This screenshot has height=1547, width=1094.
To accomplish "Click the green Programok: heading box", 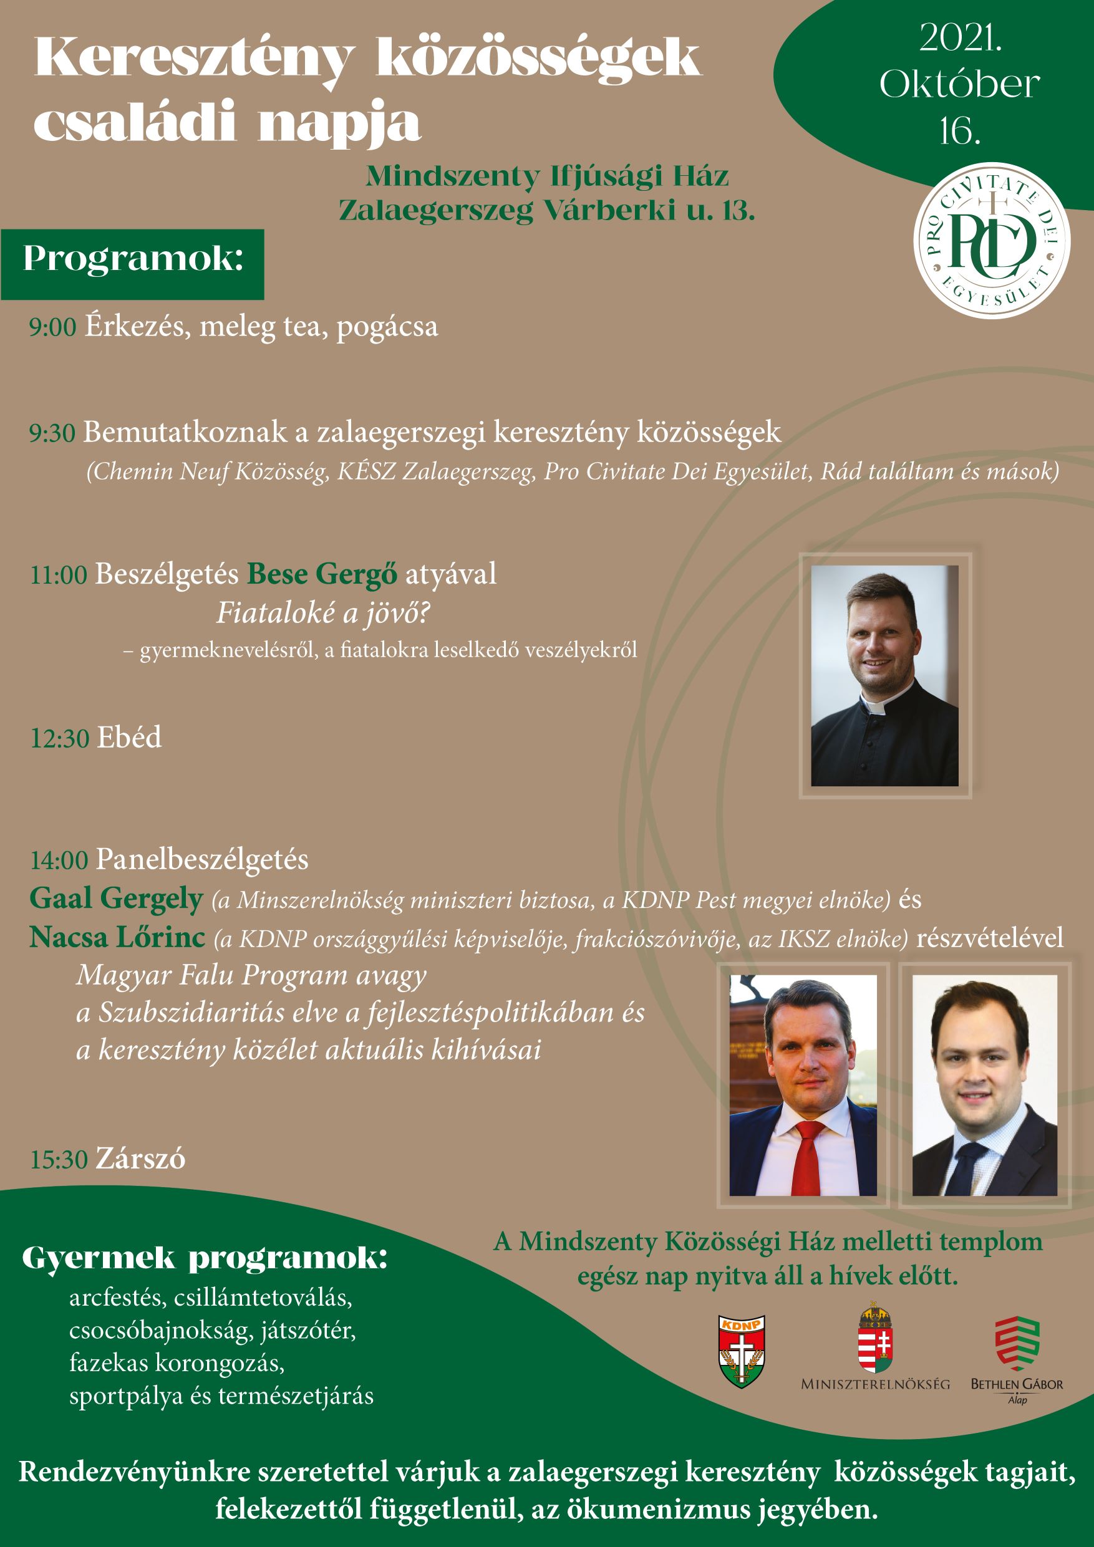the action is pos(132,264).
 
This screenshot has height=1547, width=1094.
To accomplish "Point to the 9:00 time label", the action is pos(52,327).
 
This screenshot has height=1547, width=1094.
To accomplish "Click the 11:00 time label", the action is pos(59,576).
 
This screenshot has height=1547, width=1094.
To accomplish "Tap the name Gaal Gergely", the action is pos(116,900).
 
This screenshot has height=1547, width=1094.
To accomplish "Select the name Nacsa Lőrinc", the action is pos(117,938).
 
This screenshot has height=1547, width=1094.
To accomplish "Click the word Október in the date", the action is pos(959,84).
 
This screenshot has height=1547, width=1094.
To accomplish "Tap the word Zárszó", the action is pos(140,1160).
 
